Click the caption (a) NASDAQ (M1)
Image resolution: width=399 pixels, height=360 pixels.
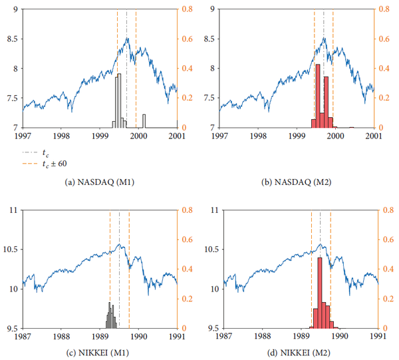[99, 181]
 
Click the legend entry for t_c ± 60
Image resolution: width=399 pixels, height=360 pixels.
[54, 162]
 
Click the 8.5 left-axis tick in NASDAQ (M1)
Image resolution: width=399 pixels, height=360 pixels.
[13, 39]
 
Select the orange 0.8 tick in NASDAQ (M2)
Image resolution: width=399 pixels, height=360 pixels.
[384, 9]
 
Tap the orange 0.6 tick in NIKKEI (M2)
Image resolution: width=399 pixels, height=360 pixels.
[384, 240]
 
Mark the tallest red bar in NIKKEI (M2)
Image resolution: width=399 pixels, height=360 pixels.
[320, 293]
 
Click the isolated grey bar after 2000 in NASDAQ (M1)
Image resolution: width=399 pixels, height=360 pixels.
[144, 121]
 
